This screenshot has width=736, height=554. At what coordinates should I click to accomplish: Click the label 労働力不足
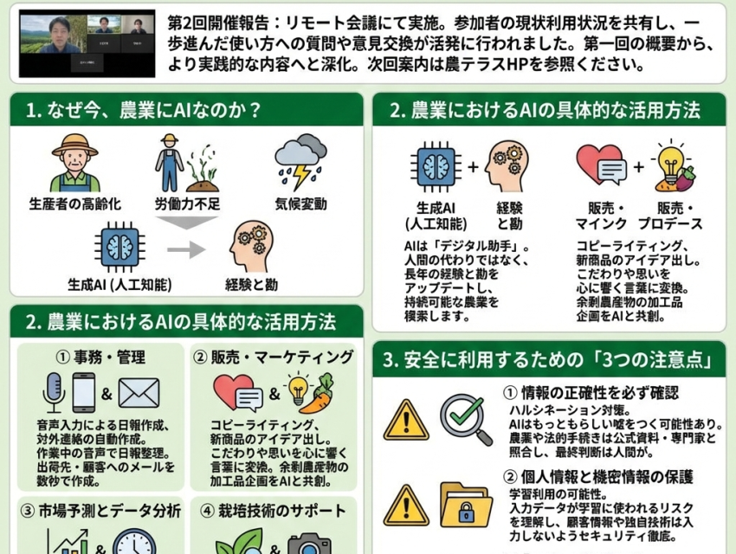coord(188,206)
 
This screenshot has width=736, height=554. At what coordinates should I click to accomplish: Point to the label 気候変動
coord(301,206)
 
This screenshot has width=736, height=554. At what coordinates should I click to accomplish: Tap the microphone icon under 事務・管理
coord(54,392)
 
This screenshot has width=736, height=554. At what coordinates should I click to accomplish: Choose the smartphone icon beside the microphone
coord(84,392)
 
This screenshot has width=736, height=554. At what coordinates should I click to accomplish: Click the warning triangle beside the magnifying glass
coord(405,420)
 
